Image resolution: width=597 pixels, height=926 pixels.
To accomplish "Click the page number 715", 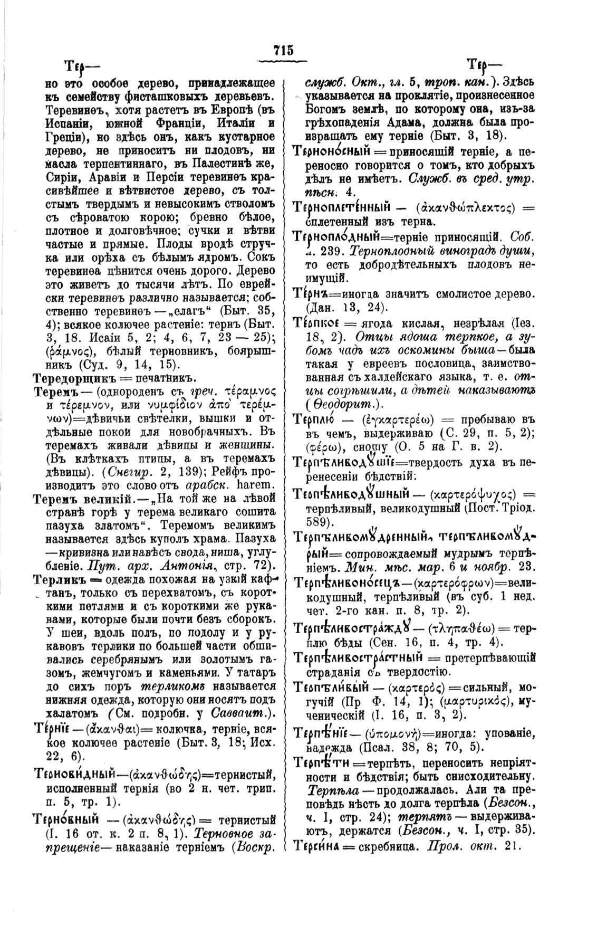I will pyautogui.click(x=283, y=51).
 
